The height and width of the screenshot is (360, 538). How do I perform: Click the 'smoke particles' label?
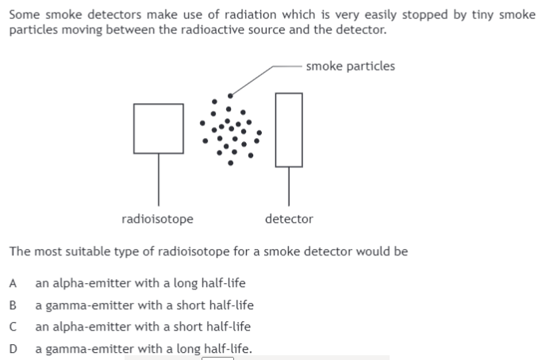tap(350, 66)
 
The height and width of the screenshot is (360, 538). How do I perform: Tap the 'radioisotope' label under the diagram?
tap(157, 219)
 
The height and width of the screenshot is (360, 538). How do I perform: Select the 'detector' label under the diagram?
tap(289, 219)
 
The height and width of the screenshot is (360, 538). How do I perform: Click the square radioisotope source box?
tap(158, 128)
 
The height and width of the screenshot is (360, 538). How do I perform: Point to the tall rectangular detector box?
tap(289, 129)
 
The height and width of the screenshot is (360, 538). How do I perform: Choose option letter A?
tap(13, 283)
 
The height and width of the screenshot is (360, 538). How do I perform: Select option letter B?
tap(13, 304)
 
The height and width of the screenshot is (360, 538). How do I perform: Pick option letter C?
tap(13, 326)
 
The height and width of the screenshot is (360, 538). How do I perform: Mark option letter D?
tap(13, 347)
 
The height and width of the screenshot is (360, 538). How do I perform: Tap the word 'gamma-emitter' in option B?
tap(83, 304)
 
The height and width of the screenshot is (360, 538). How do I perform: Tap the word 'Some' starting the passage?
tap(23, 15)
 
